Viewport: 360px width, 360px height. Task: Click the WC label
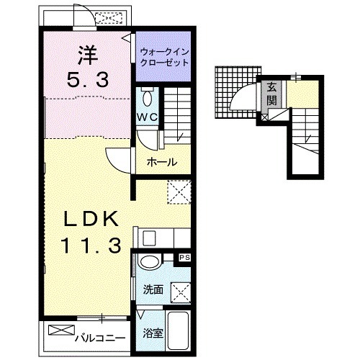148,117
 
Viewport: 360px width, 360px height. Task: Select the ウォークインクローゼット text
164,57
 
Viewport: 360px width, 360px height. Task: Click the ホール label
162,162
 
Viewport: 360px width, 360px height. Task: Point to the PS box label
185,258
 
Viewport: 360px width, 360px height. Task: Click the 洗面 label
153,289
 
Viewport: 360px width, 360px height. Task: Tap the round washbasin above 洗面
150,262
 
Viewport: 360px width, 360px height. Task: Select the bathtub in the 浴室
178,330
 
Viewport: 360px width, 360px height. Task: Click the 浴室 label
153,333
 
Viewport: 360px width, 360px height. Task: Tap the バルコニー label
100,338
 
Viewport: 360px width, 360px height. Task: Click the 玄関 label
272,94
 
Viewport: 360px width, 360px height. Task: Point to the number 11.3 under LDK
91,245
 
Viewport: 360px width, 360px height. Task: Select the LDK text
91,218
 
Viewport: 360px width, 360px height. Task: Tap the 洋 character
88,55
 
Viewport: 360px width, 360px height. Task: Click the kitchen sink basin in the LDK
149,238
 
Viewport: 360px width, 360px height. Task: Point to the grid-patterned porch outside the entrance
238,92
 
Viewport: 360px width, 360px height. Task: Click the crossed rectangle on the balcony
61,330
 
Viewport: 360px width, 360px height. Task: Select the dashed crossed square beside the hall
179,192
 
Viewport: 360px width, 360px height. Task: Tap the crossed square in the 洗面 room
181,293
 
